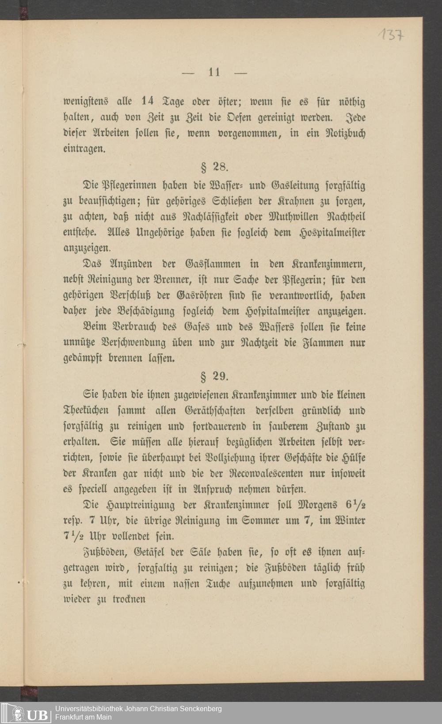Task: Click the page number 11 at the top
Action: tap(214, 72)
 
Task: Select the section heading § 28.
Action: tap(214, 168)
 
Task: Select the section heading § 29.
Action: tap(214, 377)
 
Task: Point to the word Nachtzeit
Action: tap(253, 343)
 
